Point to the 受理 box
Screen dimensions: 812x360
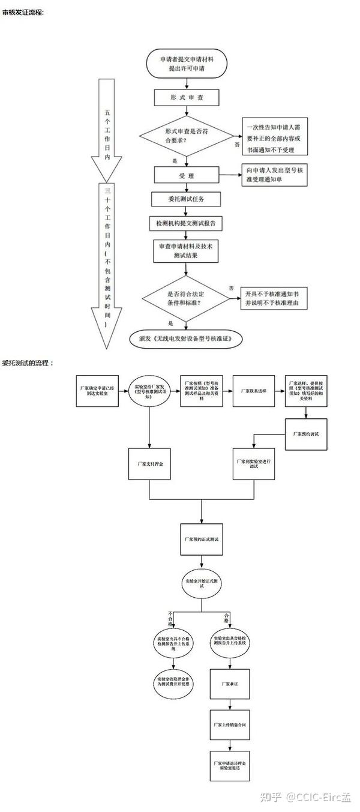pyautogui.click(x=185, y=175)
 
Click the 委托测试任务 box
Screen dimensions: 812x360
pyautogui.click(x=181, y=199)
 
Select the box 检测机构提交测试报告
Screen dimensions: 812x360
pyautogui.click(x=185, y=223)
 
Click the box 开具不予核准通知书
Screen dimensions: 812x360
pyautogui.click(x=274, y=298)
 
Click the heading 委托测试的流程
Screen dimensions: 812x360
pyautogui.click(x=28, y=363)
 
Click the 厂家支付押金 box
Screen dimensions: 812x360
pyautogui.click(x=149, y=463)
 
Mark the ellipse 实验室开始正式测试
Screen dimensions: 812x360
pyautogui.click(x=202, y=582)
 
